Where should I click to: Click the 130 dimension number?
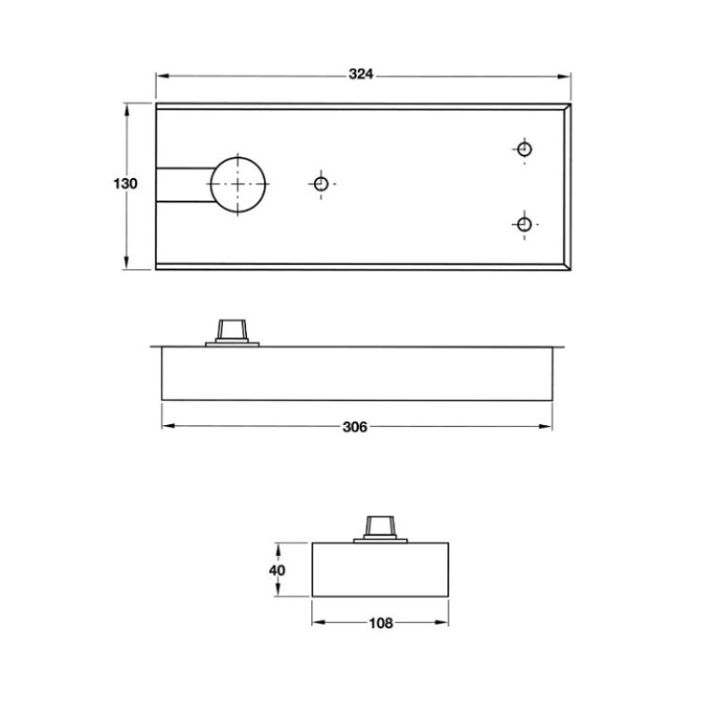tap(125, 184)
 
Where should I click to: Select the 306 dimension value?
tap(355, 427)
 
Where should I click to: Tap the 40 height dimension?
tap(277, 569)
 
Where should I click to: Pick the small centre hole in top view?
tap(320, 183)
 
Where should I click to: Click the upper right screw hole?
tap(524, 149)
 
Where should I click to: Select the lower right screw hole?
tap(524, 223)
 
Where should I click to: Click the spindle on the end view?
tap(380, 527)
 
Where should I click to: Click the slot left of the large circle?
tap(183, 183)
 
